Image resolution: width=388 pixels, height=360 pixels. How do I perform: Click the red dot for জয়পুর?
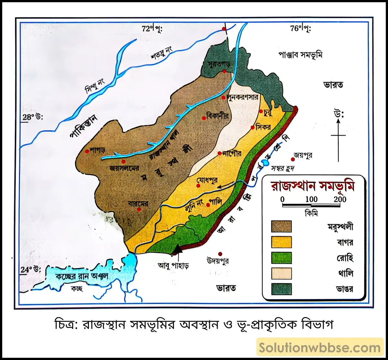[293, 159]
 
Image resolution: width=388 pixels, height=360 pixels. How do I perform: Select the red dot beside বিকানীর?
[204, 118]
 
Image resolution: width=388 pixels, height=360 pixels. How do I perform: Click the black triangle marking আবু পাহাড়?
[177, 249]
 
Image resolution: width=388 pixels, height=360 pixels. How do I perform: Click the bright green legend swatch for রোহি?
[281, 258]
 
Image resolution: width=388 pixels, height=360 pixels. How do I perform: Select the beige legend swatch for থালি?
[281, 273]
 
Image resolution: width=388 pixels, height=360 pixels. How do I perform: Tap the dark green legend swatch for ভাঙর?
[281, 289]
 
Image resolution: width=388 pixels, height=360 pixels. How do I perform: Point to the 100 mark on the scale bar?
[311, 199]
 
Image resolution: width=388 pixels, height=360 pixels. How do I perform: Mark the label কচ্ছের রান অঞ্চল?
[81, 277]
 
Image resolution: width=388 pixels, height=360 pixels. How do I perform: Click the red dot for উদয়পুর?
[220, 254]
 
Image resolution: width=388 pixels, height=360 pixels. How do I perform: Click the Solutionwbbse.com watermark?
[320, 348]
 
